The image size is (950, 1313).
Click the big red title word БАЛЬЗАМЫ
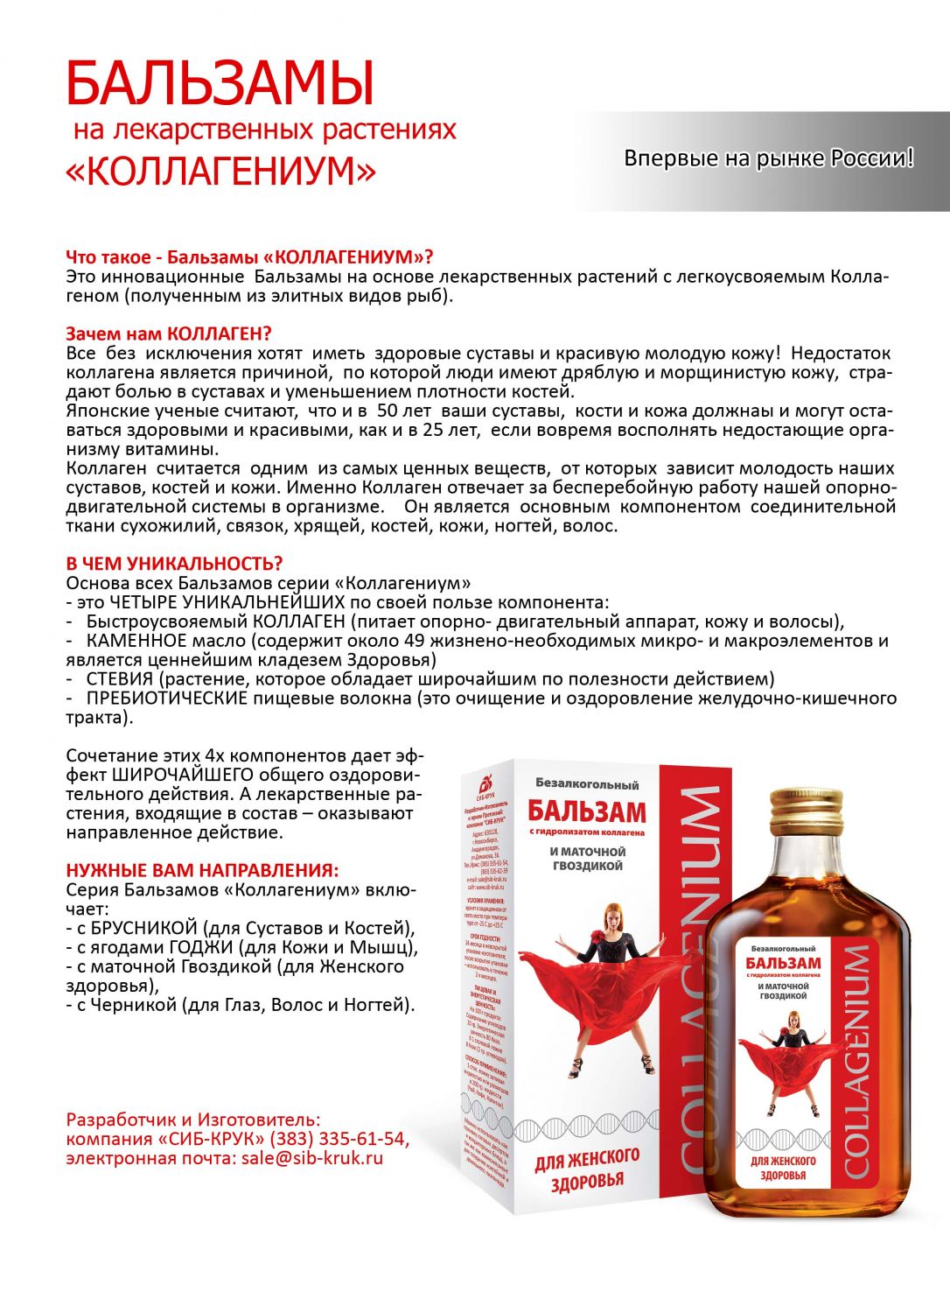click(x=220, y=85)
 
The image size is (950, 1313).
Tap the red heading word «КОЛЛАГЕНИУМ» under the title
click(x=220, y=171)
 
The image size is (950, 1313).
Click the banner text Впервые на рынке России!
click(x=768, y=158)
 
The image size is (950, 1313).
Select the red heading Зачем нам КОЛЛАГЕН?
click(x=169, y=334)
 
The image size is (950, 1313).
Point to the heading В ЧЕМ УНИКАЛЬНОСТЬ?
click(x=174, y=564)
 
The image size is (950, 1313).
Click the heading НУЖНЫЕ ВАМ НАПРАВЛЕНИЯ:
click(x=202, y=871)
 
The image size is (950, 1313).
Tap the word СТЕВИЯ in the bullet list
click(x=120, y=679)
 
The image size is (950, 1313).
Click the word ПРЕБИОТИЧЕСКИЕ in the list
click(x=167, y=699)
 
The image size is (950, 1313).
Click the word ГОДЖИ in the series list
click(x=201, y=947)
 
